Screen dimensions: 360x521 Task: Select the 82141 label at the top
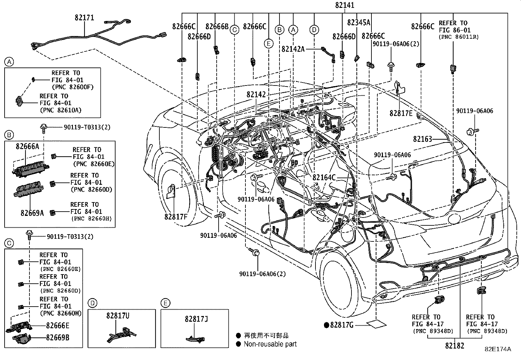coord(345,5)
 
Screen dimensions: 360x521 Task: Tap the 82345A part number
coord(358,22)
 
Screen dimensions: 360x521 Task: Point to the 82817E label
coord(401,113)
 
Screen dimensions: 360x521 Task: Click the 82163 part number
coord(422,139)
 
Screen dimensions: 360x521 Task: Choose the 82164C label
coord(324,178)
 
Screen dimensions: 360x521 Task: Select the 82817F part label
coord(176,217)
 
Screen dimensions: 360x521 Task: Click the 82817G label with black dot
coord(342,325)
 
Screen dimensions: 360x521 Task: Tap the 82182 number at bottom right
coord(454,346)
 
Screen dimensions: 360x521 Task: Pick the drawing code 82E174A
coord(498,349)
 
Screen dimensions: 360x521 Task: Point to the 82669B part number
coord(58,337)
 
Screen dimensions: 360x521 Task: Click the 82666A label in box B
coord(27,146)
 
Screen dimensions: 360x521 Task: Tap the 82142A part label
coord(293,49)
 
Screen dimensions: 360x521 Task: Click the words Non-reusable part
coord(270,344)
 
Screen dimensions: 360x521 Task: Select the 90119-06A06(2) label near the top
coord(396,44)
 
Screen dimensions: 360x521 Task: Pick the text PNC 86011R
coord(458,37)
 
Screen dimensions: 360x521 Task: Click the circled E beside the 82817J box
coord(165,303)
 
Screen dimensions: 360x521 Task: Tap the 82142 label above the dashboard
coord(256,95)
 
